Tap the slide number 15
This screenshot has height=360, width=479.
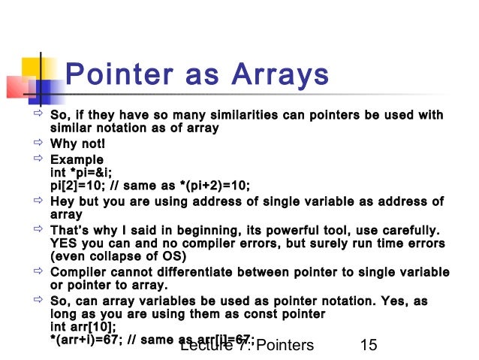pyautogui.click(x=368, y=346)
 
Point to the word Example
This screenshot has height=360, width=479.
pyautogui.click(x=77, y=160)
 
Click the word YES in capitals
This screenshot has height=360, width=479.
pyautogui.click(x=64, y=244)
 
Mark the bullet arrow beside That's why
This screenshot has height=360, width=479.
pyautogui.click(x=34, y=229)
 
